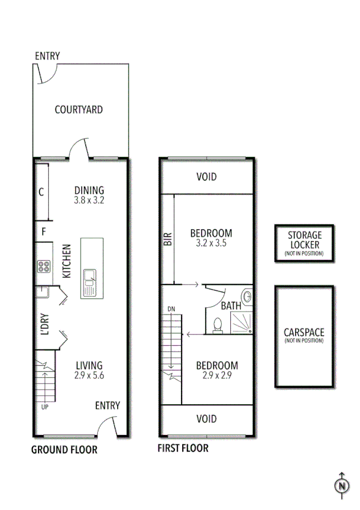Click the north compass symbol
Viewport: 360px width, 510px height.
click(x=341, y=485)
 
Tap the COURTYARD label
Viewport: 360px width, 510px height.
click(x=78, y=109)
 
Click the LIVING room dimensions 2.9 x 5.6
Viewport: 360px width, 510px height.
click(x=88, y=376)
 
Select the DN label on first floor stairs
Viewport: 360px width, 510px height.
click(x=171, y=309)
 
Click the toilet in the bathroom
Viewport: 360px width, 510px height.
click(x=218, y=324)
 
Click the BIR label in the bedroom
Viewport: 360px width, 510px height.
click(x=168, y=239)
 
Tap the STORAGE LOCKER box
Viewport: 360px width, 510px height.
click(x=304, y=244)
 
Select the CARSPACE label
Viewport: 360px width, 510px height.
click(x=304, y=332)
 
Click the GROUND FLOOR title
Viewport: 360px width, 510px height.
click(x=64, y=449)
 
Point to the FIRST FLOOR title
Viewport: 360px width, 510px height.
click(x=183, y=448)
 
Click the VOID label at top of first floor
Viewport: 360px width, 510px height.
click(x=206, y=177)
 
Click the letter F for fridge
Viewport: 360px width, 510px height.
click(x=43, y=231)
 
